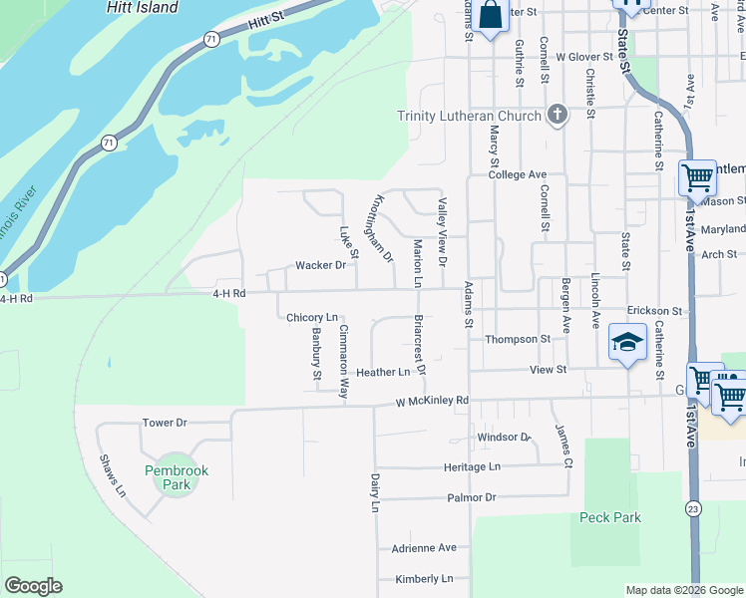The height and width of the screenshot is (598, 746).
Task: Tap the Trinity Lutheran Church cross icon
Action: point(557,116)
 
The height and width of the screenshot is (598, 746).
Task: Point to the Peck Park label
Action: point(609,517)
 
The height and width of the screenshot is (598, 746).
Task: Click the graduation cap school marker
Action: point(626,343)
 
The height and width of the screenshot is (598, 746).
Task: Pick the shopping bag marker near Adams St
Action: point(490,15)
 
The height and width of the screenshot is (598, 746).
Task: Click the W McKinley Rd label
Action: point(432,402)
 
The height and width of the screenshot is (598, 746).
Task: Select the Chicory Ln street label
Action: point(312,318)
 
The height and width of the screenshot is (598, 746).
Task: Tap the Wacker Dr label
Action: point(320,265)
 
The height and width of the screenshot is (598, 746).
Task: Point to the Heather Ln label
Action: point(383,372)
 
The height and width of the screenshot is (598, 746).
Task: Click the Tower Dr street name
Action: point(165,423)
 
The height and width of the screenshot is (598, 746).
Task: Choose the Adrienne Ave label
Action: point(423,547)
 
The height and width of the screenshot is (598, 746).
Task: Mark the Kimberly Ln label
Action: point(423,578)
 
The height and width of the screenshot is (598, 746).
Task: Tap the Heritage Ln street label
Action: point(472,466)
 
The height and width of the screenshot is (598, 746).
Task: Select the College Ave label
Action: point(518,174)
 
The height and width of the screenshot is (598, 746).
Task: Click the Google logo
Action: point(33,586)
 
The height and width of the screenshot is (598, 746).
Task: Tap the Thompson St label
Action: point(518,339)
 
